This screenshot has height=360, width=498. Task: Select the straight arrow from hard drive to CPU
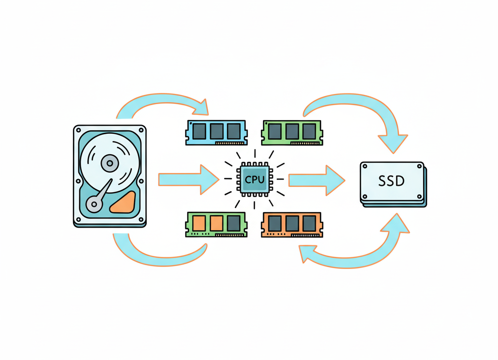(x=187, y=179)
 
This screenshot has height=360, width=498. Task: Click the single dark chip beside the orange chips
(x=233, y=223)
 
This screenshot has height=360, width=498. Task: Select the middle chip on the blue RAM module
(x=216, y=130)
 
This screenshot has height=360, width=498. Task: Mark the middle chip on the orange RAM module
(x=292, y=223)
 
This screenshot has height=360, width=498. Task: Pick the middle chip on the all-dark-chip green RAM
(x=292, y=130)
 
